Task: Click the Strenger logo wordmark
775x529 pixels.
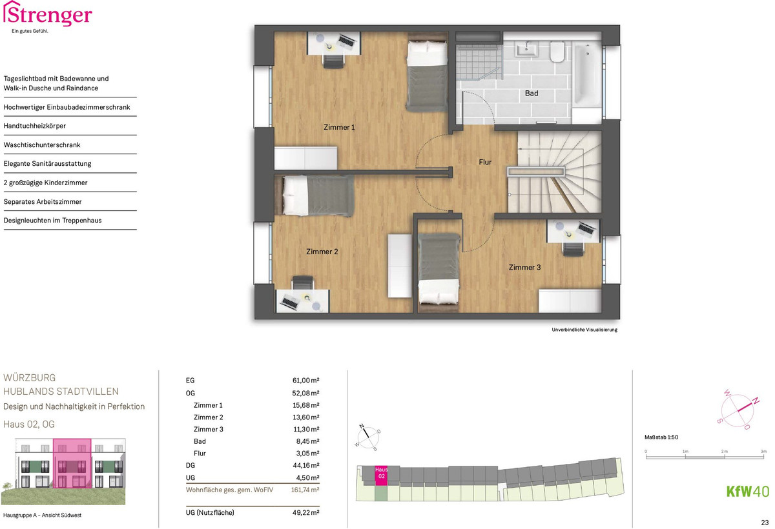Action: tap(48, 14)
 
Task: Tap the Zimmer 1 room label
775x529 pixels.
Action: tap(339, 128)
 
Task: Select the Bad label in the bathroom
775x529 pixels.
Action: tap(532, 94)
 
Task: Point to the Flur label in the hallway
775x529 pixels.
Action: tap(485, 162)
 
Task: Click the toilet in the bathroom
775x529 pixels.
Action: tap(557, 52)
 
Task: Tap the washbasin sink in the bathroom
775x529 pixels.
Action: tap(526, 49)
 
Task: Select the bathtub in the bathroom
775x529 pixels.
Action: tap(587, 74)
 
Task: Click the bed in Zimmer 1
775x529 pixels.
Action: tap(428, 76)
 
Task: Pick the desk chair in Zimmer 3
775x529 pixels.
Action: tap(573, 249)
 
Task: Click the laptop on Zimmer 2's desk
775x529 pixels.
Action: tap(289, 302)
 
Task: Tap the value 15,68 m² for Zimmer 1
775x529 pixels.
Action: tap(306, 405)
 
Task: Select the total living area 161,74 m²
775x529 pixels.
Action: tap(305, 490)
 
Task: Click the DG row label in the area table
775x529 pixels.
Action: tap(191, 465)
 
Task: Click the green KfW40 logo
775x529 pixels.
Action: tap(748, 492)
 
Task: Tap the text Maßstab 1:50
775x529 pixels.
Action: tap(661, 437)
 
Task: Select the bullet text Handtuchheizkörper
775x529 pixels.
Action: tap(35, 126)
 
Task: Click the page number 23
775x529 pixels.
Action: tap(765, 523)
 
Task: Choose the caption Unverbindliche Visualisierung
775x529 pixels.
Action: tap(584, 330)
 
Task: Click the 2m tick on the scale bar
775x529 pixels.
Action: tap(725, 457)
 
